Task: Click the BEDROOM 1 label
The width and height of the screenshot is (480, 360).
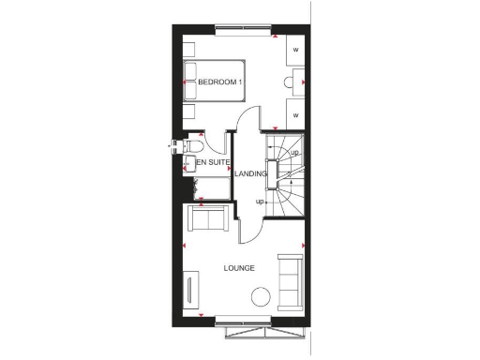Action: tap(220, 83)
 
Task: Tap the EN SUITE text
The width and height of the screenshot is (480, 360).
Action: tap(213, 163)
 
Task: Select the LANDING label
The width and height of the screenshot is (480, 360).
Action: tap(250, 174)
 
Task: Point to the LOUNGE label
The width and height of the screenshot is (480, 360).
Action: tap(239, 269)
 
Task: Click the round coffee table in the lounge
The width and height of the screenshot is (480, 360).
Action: tap(261, 297)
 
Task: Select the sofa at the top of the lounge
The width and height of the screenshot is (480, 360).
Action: tap(207, 220)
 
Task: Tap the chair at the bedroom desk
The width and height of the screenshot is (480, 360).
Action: tap(287, 83)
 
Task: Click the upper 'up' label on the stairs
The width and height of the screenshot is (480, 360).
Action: tap(294, 153)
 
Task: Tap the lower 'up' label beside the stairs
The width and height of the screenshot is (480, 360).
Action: tap(260, 201)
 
